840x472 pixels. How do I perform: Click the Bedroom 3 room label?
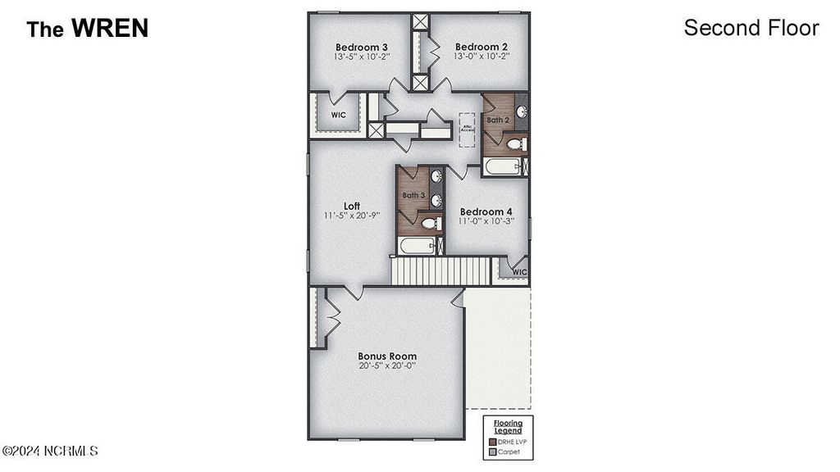click(362, 47)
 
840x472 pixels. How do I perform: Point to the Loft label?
click(352, 206)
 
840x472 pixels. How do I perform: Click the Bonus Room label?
click(387, 356)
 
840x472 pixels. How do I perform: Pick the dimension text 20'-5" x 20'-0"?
click(387, 366)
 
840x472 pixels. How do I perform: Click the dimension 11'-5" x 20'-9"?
click(352, 216)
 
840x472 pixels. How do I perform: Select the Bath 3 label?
click(413, 196)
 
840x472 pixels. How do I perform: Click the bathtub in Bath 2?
click(502, 167)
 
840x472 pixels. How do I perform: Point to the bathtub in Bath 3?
click(417, 246)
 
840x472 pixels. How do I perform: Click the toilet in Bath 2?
click(515, 144)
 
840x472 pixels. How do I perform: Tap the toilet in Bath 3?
click(428, 223)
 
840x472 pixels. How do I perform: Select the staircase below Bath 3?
click(440, 271)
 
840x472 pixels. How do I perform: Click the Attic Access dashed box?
click(468, 129)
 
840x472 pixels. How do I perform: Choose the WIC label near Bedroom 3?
click(339, 116)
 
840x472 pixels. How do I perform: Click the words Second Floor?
click(751, 28)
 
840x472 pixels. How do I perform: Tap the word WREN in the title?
click(109, 29)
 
